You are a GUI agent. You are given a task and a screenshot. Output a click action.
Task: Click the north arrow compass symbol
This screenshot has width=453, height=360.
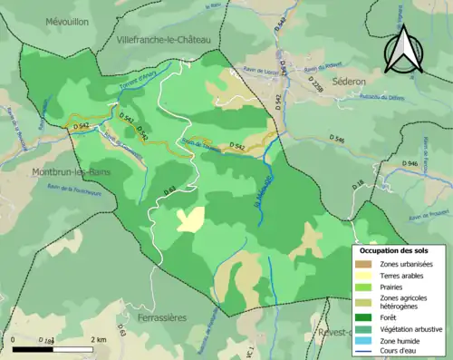404,50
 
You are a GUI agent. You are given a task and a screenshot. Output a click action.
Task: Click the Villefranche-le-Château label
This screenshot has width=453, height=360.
163,41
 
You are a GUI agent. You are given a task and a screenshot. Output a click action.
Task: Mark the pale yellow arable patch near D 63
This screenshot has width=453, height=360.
190,219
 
